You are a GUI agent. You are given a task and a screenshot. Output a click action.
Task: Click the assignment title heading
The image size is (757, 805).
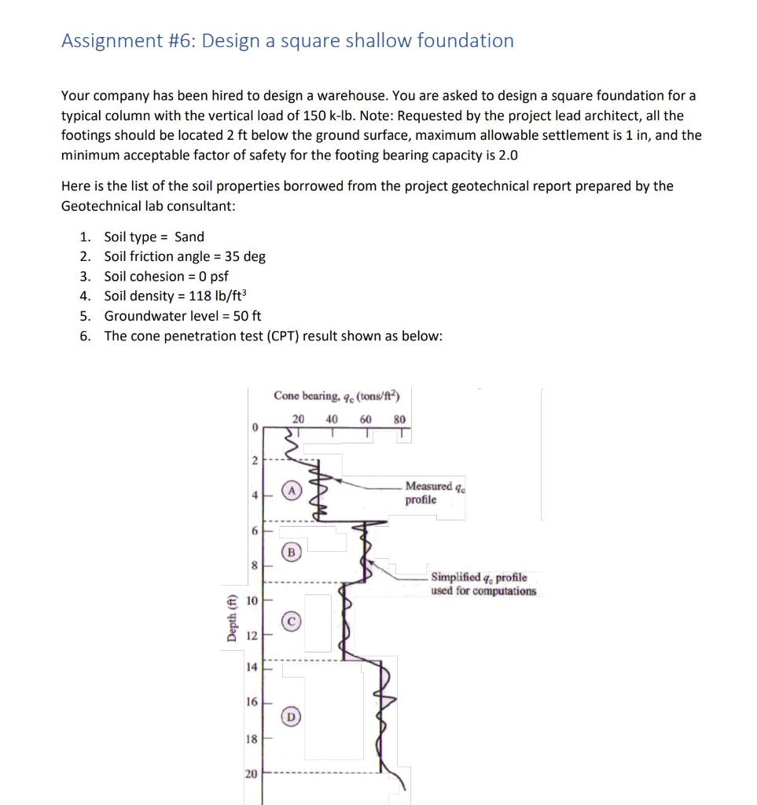click(288, 41)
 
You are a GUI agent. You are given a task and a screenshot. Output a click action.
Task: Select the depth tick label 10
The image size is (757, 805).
click(252, 601)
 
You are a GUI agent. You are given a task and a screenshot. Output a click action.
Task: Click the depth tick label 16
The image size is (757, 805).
click(252, 700)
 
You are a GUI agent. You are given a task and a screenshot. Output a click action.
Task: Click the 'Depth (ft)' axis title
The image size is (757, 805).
click(231, 618)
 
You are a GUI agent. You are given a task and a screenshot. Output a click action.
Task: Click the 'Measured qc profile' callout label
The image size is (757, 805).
click(430, 493)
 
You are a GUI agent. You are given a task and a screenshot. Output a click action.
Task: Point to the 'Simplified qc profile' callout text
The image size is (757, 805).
click(483, 584)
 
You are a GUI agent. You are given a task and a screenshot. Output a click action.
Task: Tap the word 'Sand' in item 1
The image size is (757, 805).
click(189, 237)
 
